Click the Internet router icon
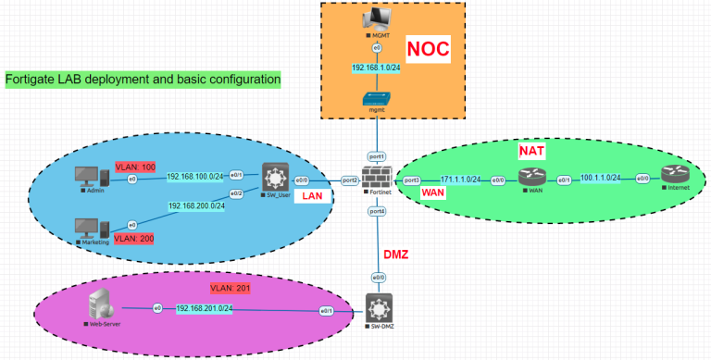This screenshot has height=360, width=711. (x=673, y=176)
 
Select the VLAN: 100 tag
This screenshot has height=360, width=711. (x=134, y=167)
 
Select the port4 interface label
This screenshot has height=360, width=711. (x=377, y=211)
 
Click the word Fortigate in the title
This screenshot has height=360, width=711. (x=31, y=80)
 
